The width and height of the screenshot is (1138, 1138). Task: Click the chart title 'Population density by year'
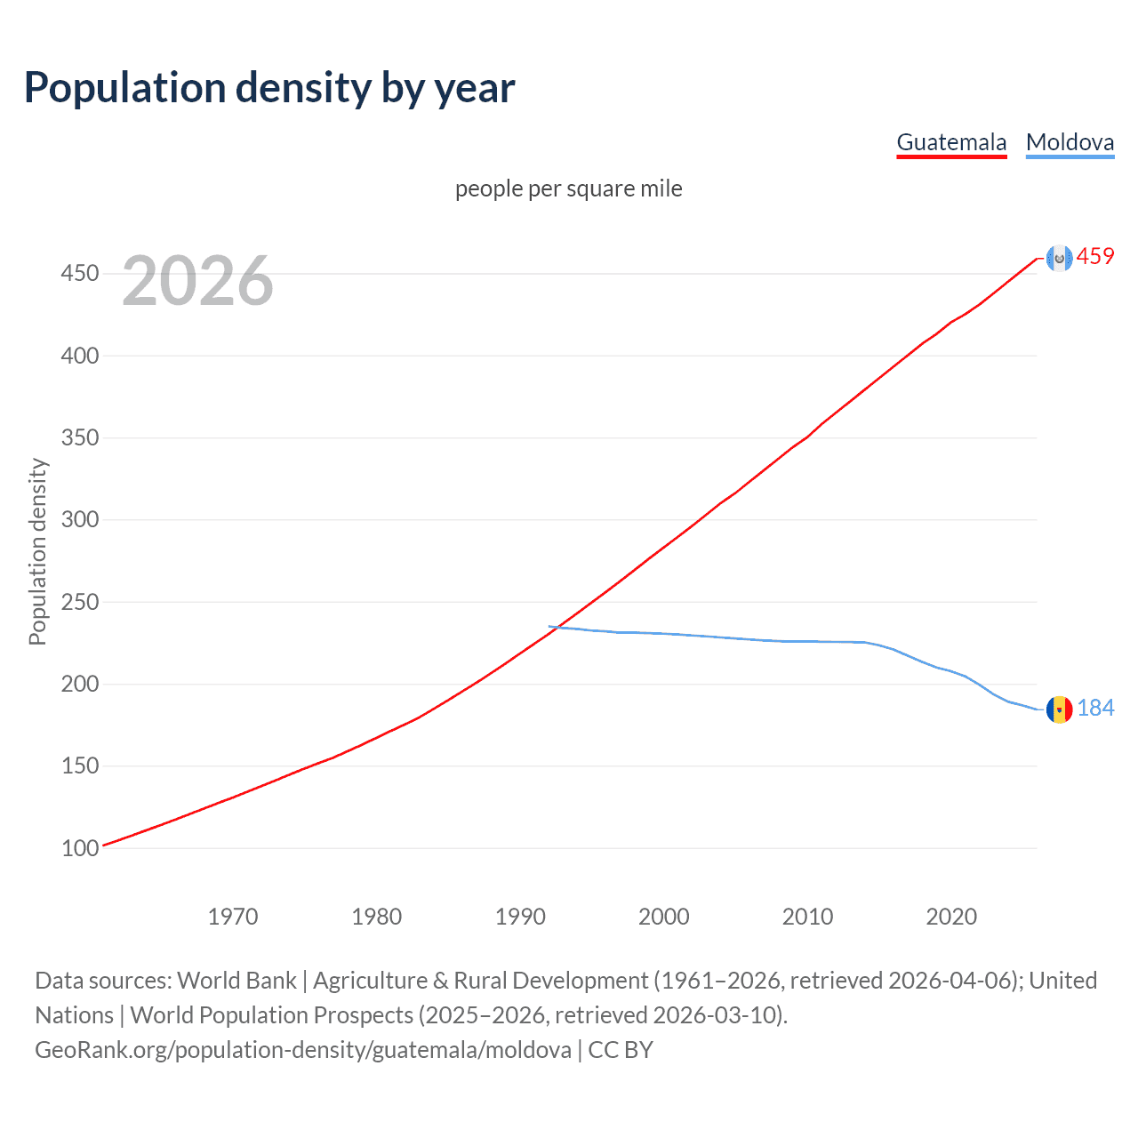point(269,88)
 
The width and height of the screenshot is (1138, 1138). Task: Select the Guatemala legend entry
point(951,142)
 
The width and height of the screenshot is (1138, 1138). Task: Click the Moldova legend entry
point(1070,142)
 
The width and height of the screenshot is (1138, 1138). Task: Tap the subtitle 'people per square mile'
point(568,188)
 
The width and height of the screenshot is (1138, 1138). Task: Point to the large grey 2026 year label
point(197,281)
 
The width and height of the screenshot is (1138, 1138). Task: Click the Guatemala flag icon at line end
point(1058,258)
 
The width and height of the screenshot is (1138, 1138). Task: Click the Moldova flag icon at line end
point(1059,709)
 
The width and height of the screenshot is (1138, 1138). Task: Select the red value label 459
point(1095,257)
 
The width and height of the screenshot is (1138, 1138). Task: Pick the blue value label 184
point(1095,708)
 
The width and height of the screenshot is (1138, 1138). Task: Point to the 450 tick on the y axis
point(80,273)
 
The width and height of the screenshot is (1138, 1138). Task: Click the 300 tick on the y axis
point(80,519)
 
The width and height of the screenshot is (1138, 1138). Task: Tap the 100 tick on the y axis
point(80,848)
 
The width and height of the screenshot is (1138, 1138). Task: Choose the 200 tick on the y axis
point(80,684)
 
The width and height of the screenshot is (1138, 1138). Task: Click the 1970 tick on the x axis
point(233,917)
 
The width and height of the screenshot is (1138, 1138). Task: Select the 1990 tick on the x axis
point(520,917)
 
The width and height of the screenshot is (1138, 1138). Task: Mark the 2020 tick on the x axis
point(951,917)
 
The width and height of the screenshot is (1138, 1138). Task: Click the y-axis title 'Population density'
point(37,551)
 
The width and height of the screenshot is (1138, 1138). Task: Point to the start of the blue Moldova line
point(550,627)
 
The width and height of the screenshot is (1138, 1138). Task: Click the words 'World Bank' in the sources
point(236,981)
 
